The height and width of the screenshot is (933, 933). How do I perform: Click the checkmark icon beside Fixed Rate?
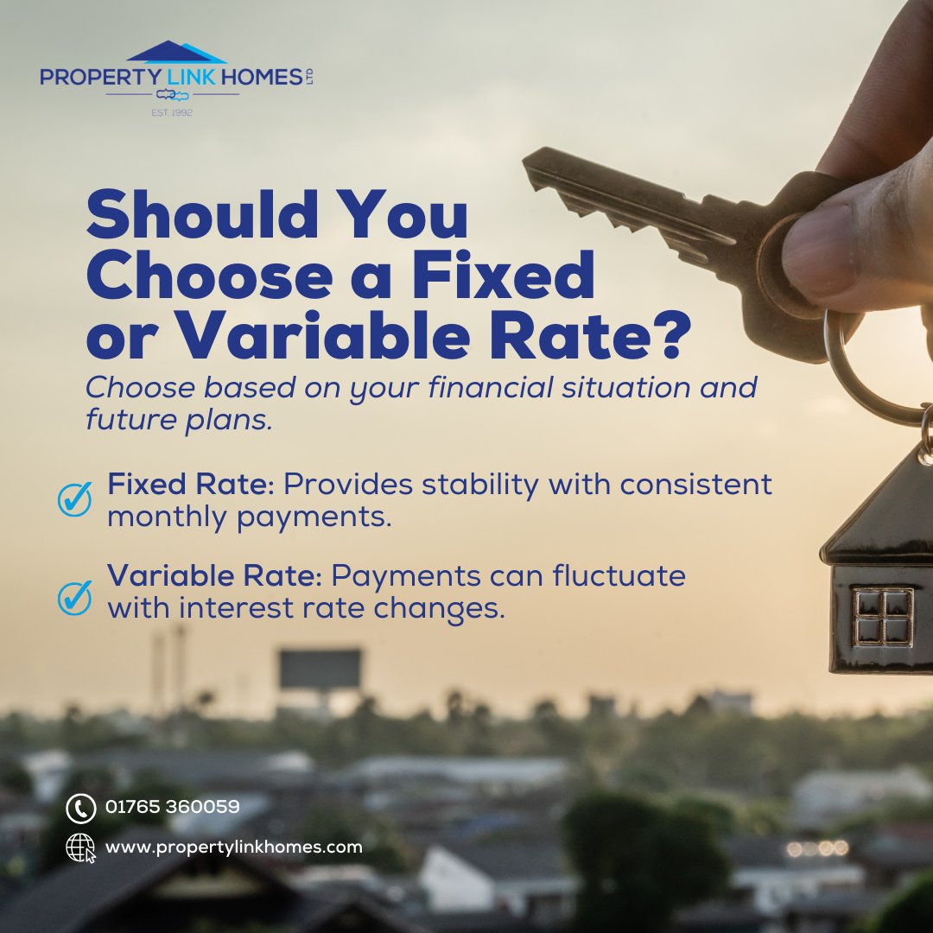click(x=75, y=499)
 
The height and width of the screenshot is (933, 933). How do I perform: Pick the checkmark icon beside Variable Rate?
click(x=75, y=598)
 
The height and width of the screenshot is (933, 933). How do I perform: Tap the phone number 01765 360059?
click(x=173, y=807)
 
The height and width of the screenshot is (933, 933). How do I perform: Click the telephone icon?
click(x=80, y=808)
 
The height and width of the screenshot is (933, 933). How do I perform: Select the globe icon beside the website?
click(x=80, y=847)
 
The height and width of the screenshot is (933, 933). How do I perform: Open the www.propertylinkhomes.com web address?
click(x=234, y=847)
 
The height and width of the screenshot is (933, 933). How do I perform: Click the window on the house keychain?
click(x=883, y=616)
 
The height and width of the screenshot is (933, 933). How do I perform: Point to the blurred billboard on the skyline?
click(x=320, y=670)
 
